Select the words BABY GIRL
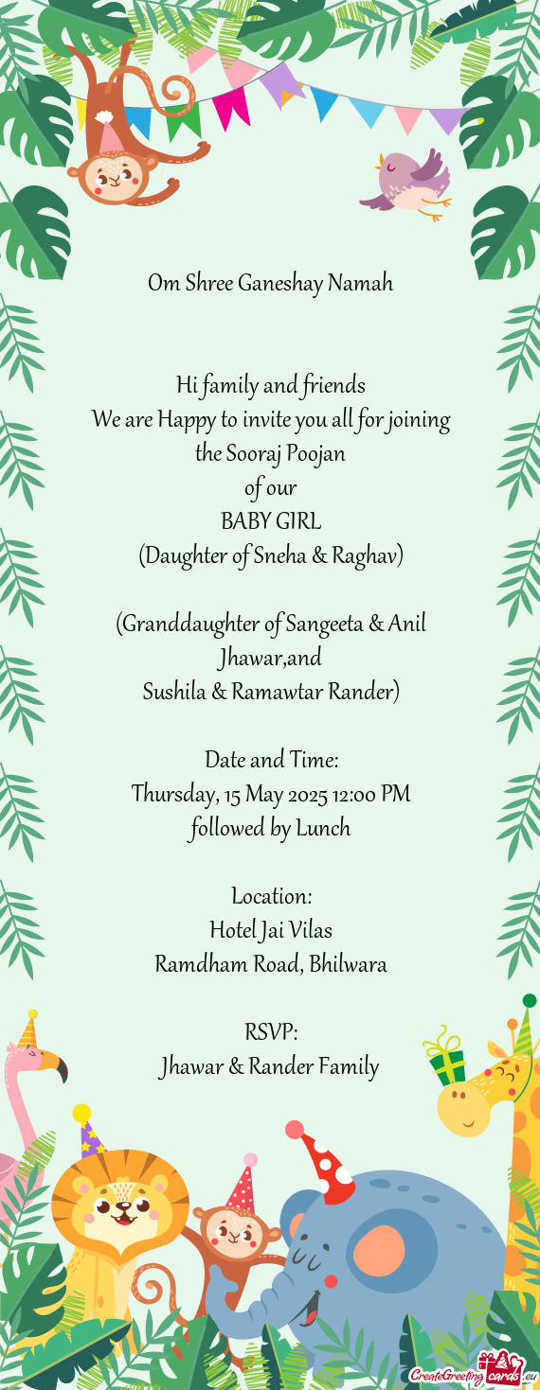click(270, 521)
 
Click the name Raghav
click(369, 555)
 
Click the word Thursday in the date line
click(174, 794)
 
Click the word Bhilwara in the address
click(348, 964)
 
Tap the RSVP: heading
click(270, 1031)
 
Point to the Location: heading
click(270, 895)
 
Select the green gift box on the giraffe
click(447, 1060)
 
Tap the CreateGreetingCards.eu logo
click(470, 1369)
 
